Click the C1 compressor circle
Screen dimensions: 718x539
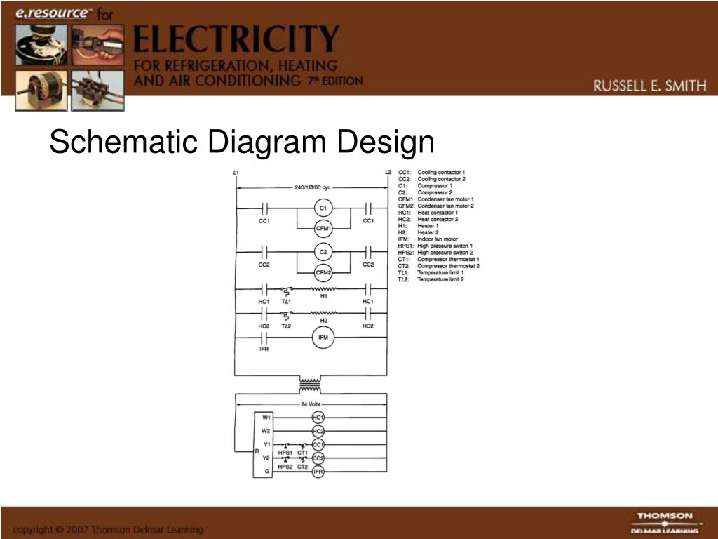click(323, 208)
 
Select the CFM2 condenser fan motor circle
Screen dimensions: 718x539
click(323, 272)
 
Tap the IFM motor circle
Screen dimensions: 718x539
click(323, 338)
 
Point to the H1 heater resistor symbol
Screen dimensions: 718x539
click(323, 288)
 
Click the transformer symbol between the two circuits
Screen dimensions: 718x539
click(309, 385)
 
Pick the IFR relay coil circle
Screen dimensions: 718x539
click(318, 472)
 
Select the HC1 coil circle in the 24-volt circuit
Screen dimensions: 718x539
click(318, 417)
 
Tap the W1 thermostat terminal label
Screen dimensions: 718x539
click(266, 417)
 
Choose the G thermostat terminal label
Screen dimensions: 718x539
click(266, 472)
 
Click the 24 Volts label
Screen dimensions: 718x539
click(310, 404)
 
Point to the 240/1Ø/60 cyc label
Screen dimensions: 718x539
click(313, 187)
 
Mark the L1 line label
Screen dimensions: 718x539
click(236, 173)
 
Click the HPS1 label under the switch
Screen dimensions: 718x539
click(285, 453)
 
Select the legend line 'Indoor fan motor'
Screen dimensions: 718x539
click(438, 239)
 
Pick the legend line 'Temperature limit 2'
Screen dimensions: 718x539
click(441, 279)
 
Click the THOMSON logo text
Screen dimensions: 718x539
click(664, 516)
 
